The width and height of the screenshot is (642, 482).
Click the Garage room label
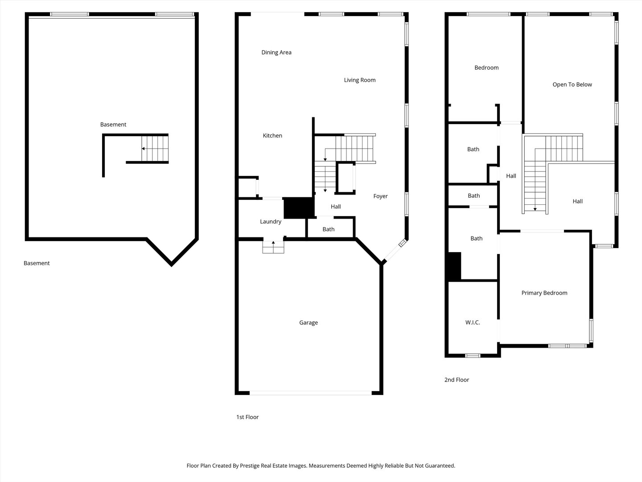pos(308,323)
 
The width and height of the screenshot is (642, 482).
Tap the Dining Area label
pos(276,52)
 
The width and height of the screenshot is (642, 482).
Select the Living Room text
pos(360,80)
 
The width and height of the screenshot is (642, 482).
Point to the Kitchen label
pos(272,136)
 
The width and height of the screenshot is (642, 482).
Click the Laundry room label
pos(271,221)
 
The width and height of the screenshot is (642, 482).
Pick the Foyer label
pos(381,196)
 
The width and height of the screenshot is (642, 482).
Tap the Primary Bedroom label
pos(544,293)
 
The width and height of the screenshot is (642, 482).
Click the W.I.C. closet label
pos(473,323)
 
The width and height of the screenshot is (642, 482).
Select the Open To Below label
pos(572,85)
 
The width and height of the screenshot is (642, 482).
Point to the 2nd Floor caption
pos(457,380)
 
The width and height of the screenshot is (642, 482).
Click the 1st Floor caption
pos(247,417)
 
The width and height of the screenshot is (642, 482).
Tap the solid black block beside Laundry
pos(299,208)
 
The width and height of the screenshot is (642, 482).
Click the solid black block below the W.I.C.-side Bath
pos(454,266)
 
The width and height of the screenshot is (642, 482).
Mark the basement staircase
pos(155,149)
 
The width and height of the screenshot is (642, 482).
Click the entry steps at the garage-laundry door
pos(273,247)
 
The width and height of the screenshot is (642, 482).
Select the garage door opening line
pos(311,393)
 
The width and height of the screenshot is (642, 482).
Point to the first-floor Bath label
pos(329,229)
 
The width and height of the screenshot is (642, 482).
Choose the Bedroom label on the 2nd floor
pos(486,67)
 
